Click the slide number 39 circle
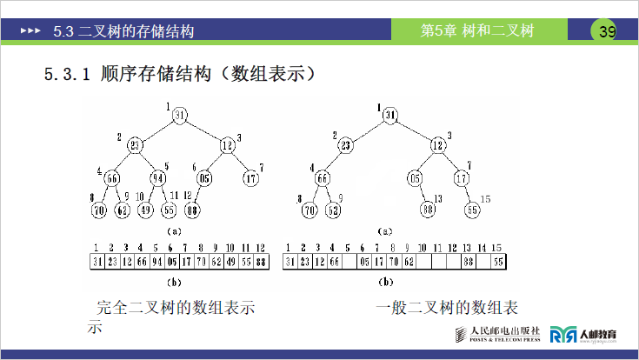[606, 32]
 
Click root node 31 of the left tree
[179, 116]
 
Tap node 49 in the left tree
[146, 209]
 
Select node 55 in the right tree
[472, 209]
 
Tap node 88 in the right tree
[428, 209]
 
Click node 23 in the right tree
[345, 145]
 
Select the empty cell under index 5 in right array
[349, 260]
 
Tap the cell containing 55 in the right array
[498, 260]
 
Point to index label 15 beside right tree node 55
[486, 199]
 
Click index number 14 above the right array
[483, 248]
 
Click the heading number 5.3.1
[67, 74]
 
